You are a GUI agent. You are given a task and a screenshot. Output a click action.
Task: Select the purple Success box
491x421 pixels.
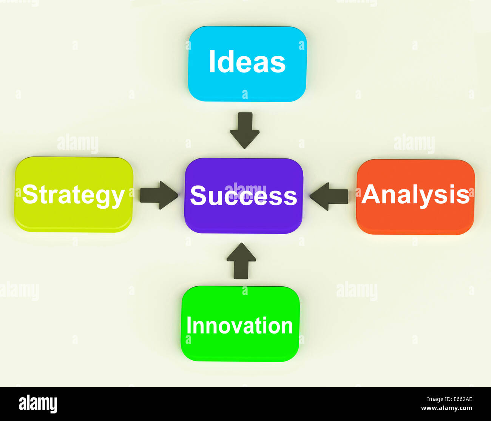243,219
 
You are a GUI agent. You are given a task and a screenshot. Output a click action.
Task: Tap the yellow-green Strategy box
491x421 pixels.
74,217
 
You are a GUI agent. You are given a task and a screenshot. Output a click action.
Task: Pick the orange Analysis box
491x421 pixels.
415,219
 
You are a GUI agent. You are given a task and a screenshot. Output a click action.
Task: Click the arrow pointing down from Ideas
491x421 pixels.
245,130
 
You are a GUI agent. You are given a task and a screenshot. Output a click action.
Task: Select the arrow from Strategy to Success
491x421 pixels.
159,195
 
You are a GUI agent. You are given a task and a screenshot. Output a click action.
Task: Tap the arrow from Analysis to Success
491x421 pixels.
329,196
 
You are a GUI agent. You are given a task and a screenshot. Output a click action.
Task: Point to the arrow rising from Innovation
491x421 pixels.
241,260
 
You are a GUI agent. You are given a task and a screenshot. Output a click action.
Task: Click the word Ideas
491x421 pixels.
247,62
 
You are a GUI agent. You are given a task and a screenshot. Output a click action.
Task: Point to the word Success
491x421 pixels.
243,196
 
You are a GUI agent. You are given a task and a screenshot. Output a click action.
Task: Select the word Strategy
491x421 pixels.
73,195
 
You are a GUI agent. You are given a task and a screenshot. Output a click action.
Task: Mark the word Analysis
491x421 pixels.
415,195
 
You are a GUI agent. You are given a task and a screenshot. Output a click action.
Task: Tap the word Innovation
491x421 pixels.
240,326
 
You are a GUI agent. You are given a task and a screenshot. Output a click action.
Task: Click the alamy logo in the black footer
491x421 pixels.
38,404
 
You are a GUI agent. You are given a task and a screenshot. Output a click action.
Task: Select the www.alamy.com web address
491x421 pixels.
446,408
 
